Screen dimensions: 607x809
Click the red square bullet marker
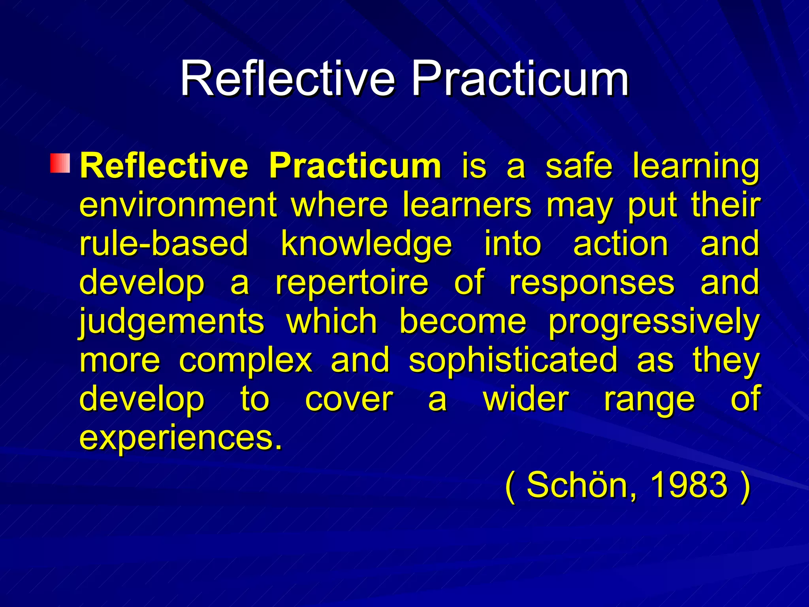(x=60, y=163)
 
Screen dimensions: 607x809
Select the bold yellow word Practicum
(x=355, y=166)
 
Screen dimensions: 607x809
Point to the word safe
(x=579, y=166)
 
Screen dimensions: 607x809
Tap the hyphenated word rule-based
(x=164, y=243)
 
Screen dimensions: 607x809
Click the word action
(x=621, y=243)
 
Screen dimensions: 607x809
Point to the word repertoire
(x=352, y=283)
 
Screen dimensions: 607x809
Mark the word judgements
(x=172, y=322)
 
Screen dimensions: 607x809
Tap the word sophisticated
(x=513, y=360)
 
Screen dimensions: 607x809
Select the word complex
(x=246, y=360)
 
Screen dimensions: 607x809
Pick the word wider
(x=526, y=399)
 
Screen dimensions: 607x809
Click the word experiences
(x=181, y=438)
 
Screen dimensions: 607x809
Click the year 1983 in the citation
(x=688, y=484)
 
